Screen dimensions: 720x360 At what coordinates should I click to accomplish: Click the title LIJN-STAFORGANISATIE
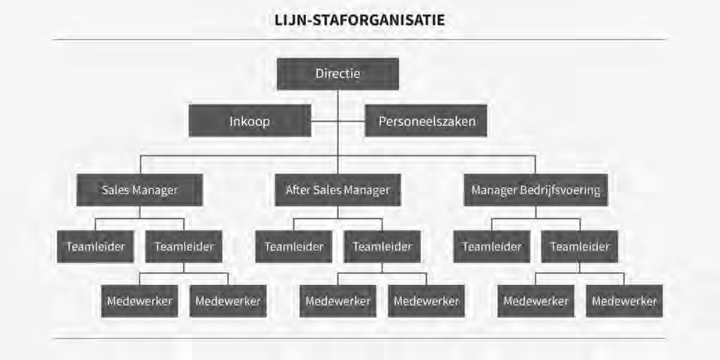(x=360, y=20)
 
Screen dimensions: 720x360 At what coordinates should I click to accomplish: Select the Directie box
(x=337, y=73)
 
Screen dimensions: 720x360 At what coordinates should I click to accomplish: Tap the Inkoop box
(x=250, y=121)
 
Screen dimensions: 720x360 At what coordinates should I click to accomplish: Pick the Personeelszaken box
(x=426, y=121)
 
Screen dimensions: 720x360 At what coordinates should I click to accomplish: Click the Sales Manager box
(x=139, y=190)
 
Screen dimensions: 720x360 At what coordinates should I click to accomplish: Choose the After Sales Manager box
(x=337, y=190)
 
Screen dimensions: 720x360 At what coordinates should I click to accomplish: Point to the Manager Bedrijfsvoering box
(x=535, y=190)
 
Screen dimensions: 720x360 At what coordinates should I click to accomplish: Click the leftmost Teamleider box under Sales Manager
(x=95, y=246)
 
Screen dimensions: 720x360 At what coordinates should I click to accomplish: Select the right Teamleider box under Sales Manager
(x=184, y=246)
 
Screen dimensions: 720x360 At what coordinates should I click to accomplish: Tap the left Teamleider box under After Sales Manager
(x=293, y=246)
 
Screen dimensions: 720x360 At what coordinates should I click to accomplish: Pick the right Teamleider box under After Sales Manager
(x=382, y=246)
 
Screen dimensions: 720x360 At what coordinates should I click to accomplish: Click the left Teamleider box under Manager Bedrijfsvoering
(x=491, y=246)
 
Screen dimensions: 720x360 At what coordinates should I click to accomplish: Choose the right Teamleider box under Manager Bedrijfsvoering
(x=580, y=246)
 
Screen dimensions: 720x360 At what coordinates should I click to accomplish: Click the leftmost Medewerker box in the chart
(x=139, y=301)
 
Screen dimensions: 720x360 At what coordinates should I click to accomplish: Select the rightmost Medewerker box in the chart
(x=624, y=301)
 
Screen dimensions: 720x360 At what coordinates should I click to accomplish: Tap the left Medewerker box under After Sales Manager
(x=337, y=301)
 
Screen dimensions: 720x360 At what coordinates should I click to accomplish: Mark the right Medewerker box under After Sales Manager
(x=426, y=301)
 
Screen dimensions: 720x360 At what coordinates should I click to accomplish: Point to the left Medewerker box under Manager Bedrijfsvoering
(x=535, y=301)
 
